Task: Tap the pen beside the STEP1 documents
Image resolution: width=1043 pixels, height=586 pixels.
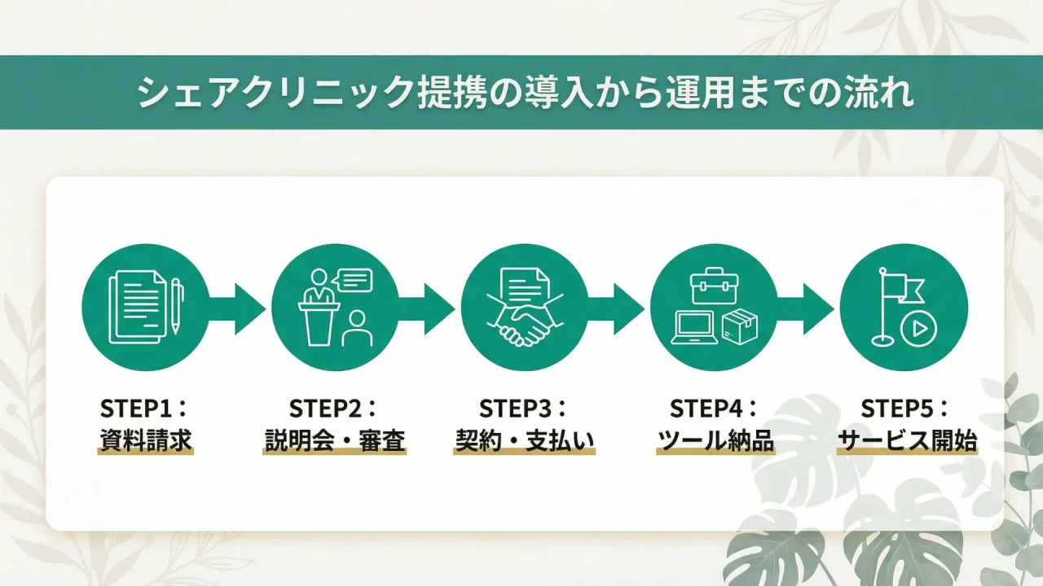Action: (x=176, y=305)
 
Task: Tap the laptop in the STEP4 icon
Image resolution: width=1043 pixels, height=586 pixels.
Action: (x=694, y=328)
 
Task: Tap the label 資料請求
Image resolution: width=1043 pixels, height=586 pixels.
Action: (x=146, y=441)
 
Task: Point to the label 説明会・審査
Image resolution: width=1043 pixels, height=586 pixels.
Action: (x=335, y=441)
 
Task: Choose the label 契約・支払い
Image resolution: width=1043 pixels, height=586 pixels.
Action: (x=524, y=441)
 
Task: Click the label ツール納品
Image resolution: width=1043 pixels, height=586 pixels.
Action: (x=715, y=441)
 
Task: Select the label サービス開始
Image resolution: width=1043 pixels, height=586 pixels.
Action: (x=907, y=441)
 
